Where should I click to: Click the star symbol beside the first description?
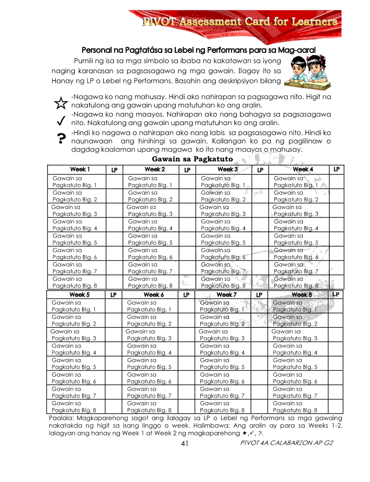tap(60, 104)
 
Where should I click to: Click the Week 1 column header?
tap(80, 169)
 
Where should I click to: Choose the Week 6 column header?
tap(154, 295)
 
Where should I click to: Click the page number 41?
tap(184, 443)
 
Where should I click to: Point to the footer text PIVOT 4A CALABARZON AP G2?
tap(287, 443)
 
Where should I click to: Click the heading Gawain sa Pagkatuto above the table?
tap(192, 159)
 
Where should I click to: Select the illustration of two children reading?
tap(309, 71)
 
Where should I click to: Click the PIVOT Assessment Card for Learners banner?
tap(239, 22)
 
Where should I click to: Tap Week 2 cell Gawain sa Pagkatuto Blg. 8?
tap(150, 282)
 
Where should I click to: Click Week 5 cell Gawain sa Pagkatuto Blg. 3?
tap(74, 335)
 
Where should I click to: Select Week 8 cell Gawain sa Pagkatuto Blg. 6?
tap(295, 378)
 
